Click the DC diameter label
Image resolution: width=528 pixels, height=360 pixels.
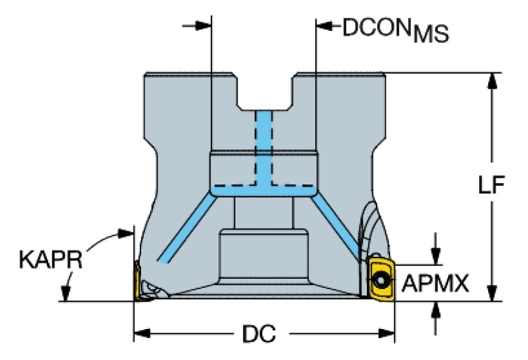pos(259,335)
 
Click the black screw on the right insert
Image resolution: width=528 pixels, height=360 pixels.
pos(381,279)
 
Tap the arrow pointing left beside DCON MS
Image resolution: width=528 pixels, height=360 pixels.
pos(324,28)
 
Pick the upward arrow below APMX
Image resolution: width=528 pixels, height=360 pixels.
pos(435,309)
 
